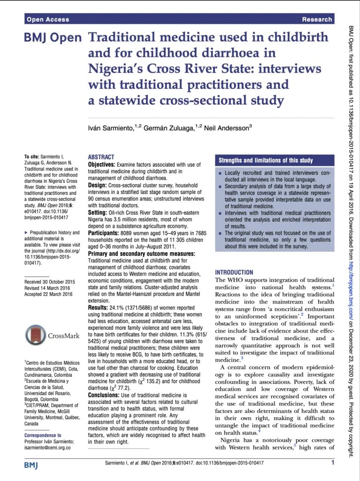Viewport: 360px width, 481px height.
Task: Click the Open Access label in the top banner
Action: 48,19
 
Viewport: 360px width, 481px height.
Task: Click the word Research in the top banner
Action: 317,19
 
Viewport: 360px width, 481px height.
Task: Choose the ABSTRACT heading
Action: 101,157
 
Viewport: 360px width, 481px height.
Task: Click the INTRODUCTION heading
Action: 234,272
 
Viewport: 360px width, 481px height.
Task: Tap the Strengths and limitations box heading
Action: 266,161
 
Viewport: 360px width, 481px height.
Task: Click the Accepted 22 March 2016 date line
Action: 48,295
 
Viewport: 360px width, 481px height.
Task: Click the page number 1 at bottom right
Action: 333,463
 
